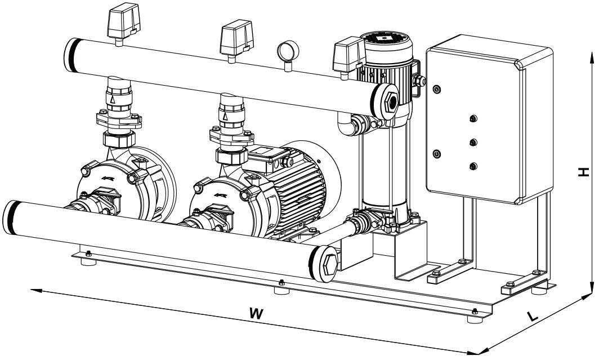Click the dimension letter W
click(x=256, y=314)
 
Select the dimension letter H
click(x=586, y=172)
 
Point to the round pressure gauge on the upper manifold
click(x=287, y=51)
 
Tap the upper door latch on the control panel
click(x=436, y=88)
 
